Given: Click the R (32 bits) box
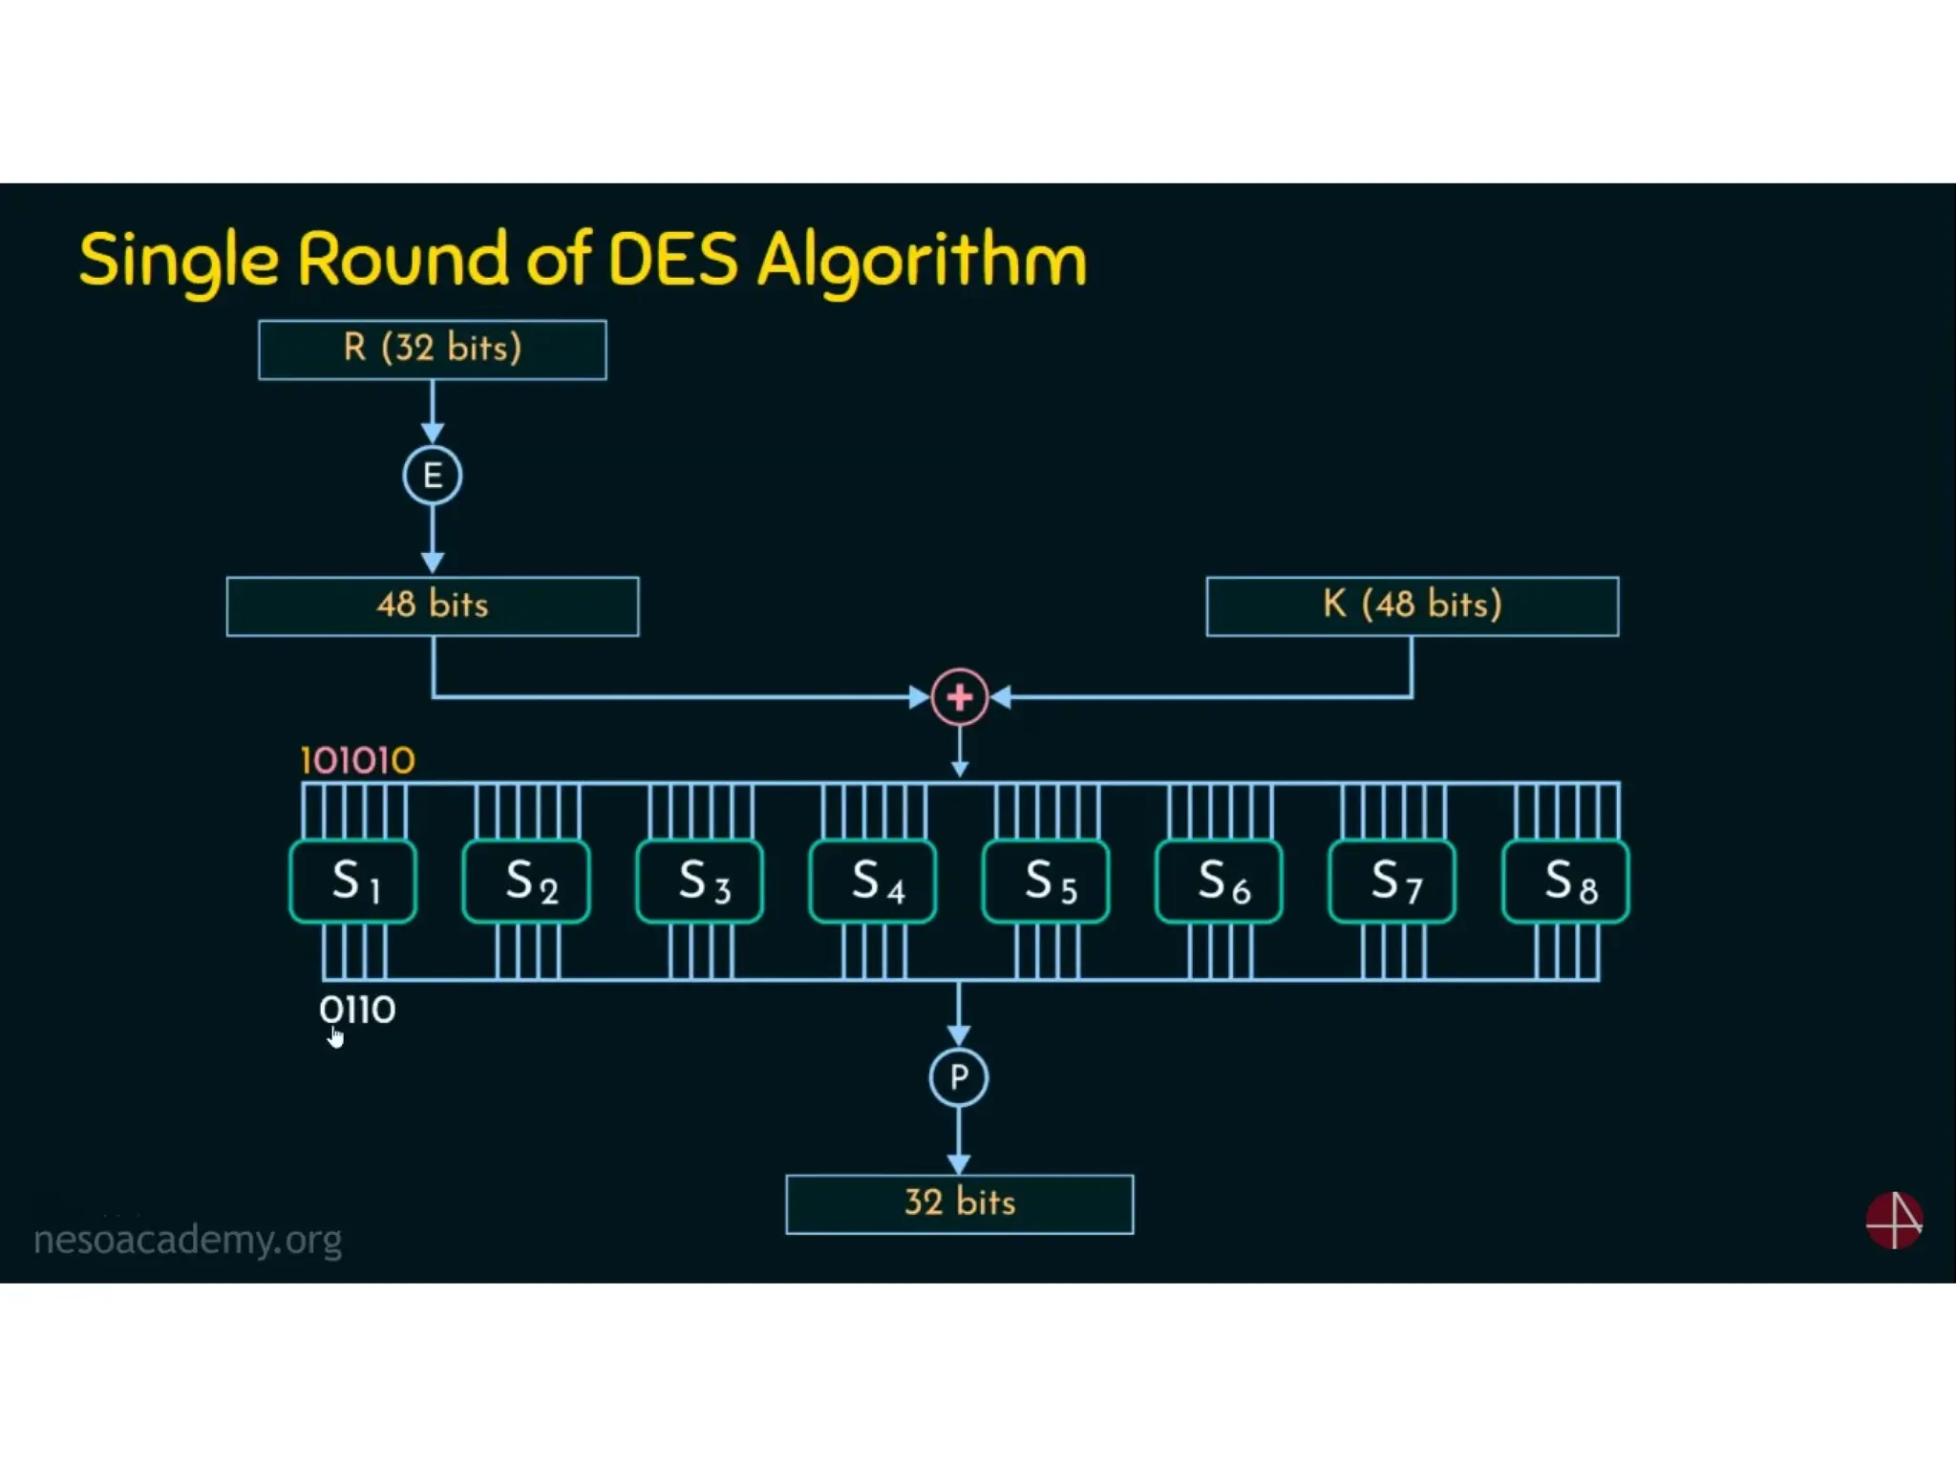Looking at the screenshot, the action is coord(432,350).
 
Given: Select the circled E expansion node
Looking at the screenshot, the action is coord(432,475).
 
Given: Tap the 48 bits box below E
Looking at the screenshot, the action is coord(433,606).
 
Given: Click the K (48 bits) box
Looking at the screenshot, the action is coord(1412,606).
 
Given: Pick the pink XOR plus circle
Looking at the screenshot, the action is coord(959,697).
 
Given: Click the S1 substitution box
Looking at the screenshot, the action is coord(353,881).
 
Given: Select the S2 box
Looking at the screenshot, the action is coord(526,881).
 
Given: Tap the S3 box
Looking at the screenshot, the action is coord(700,881).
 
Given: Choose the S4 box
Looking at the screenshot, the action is coord(873,881).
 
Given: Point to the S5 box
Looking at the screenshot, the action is coord(1046,881).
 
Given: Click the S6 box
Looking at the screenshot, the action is coord(1219,881).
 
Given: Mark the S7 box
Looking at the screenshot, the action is coord(1393,881).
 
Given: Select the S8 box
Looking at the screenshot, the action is coord(1566,881).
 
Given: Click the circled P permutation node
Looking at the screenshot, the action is coord(959,1077).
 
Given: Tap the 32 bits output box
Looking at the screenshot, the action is coord(959,1203).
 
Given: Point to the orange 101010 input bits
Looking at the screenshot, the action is coord(357,761).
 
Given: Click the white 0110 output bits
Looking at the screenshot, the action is coord(357,1010).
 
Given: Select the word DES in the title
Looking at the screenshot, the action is coord(672,259).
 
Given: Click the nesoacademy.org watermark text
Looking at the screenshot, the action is coord(187,1240).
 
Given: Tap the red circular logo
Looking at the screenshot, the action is coord(1894,1220).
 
